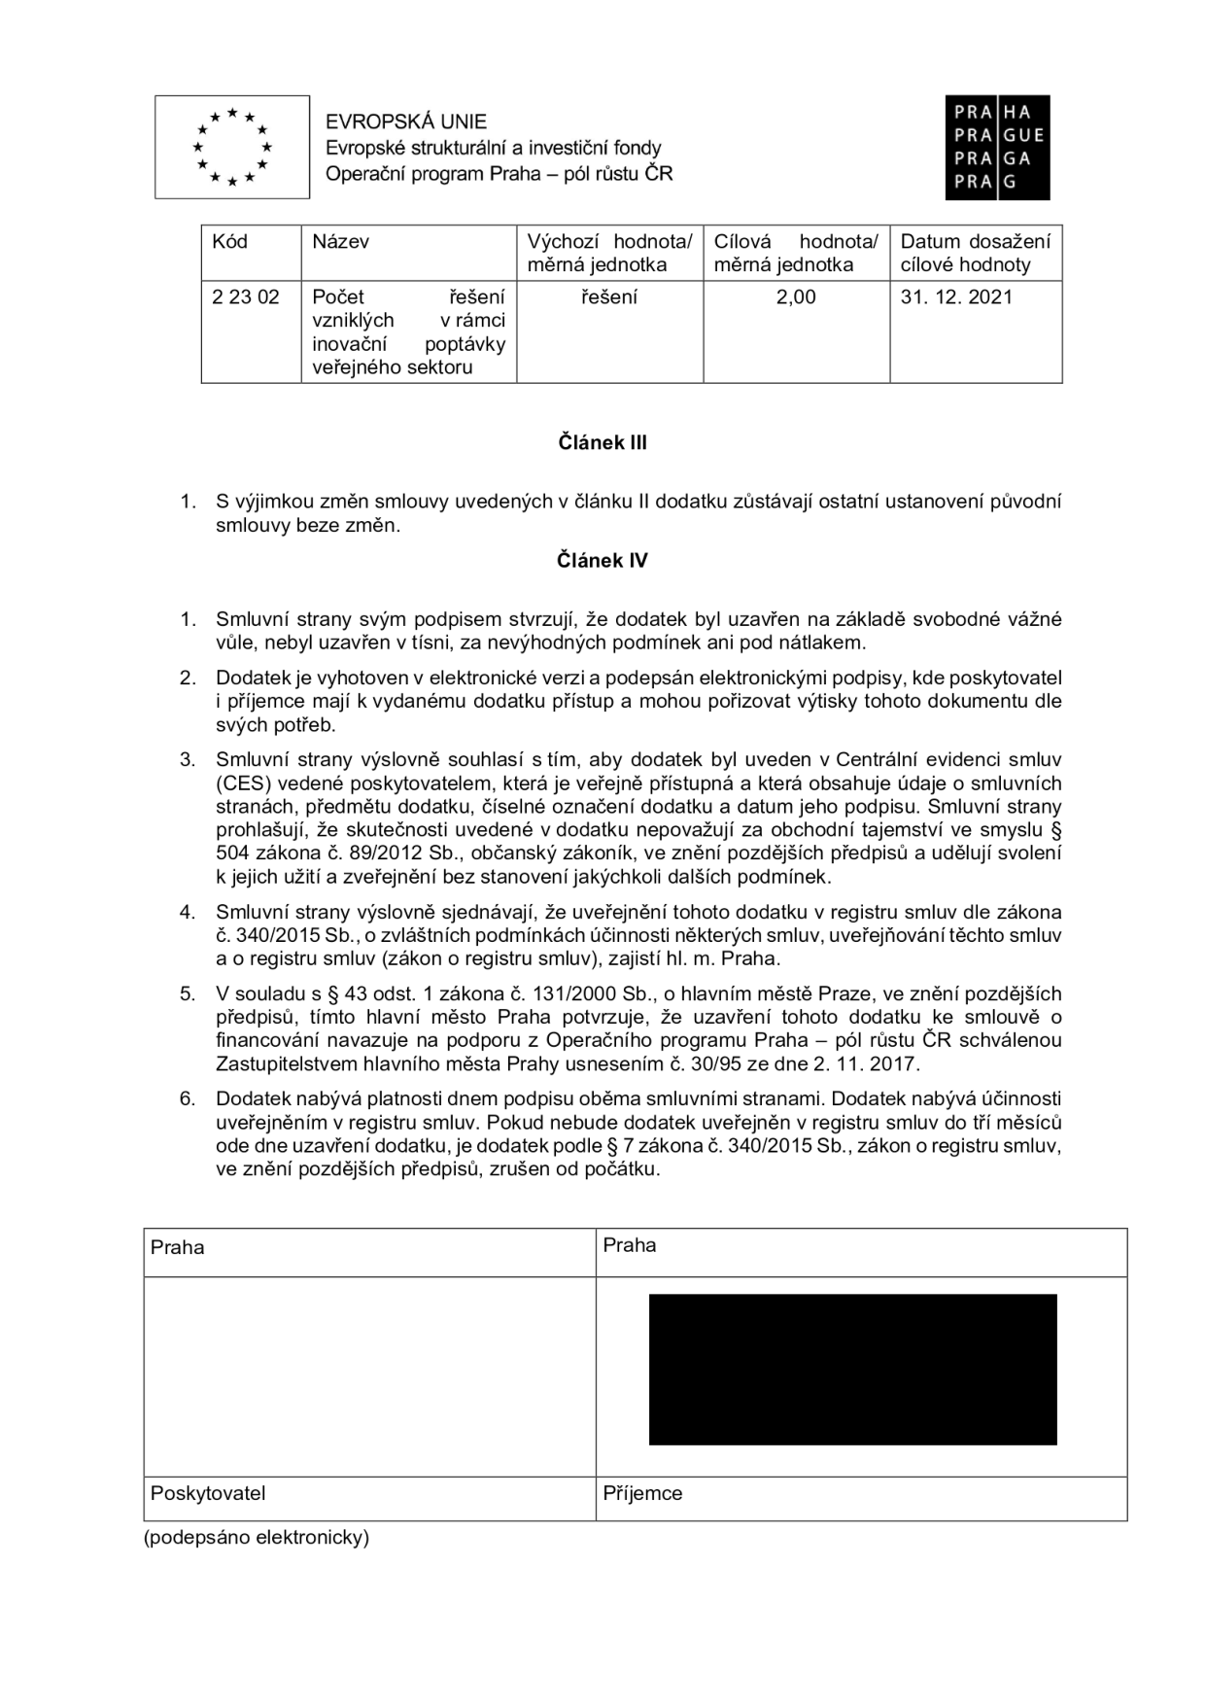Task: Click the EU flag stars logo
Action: coord(232,147)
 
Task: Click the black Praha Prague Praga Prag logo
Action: coord(997,148)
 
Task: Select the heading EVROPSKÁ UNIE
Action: coord(406,122)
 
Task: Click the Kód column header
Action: coord(230,241)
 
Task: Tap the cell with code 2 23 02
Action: coord(246,297)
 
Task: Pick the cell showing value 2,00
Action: coord(796,297)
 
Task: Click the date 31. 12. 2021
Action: coord(956,297)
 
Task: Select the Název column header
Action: coord(340,241)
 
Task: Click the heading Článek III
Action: coord(603,443)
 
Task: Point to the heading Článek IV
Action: coord(603,561)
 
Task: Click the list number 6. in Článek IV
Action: coord(188,1098)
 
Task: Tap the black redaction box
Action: coord(852,1369)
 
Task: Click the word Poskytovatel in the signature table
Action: coord(208,1493)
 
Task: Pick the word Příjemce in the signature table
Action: coord(642,1493)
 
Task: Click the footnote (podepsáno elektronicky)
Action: coord(257,1538)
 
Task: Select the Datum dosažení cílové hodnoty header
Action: coord(975,253)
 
